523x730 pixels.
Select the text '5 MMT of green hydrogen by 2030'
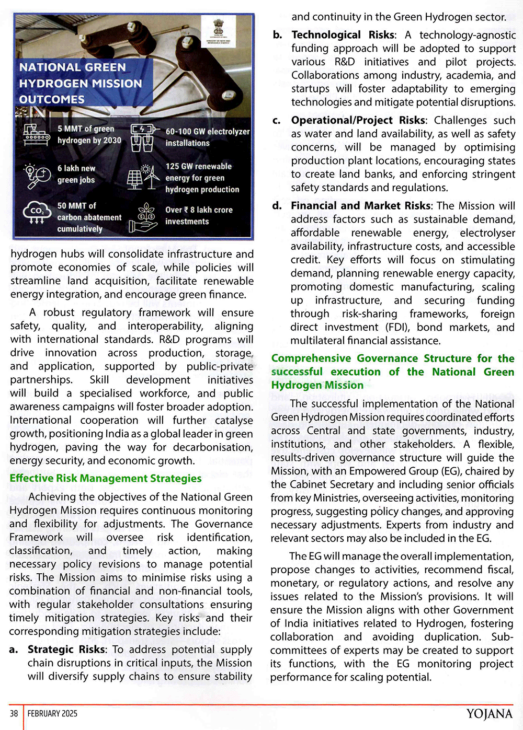(89, 135)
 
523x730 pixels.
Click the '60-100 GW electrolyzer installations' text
(207, 137)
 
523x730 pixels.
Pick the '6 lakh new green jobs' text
(76, 174)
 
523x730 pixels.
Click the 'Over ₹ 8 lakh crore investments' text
(199, 215)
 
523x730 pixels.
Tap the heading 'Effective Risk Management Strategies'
(105, 478)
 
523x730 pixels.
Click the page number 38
(14, 713)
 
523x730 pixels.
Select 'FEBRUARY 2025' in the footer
(52, 713)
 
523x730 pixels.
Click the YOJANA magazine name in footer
(489, 714)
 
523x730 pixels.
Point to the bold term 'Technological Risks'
(343, 35)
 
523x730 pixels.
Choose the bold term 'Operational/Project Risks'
(358, 120)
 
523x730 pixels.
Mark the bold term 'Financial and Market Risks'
(361, 206)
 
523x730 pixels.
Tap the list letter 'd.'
(277, 206)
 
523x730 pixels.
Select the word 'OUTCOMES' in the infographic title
(52, 99)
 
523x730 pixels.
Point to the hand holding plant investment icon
(143, 218)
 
